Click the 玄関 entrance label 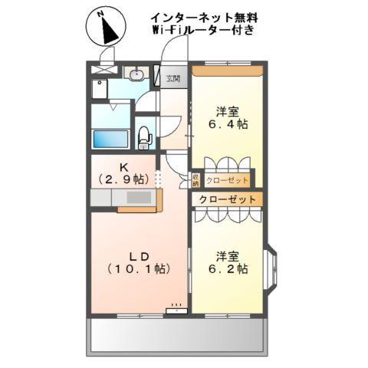[172, 77]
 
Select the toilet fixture [143, 136]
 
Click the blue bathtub [110, 139]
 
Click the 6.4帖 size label [228, 123]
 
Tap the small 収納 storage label [195, 180]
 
